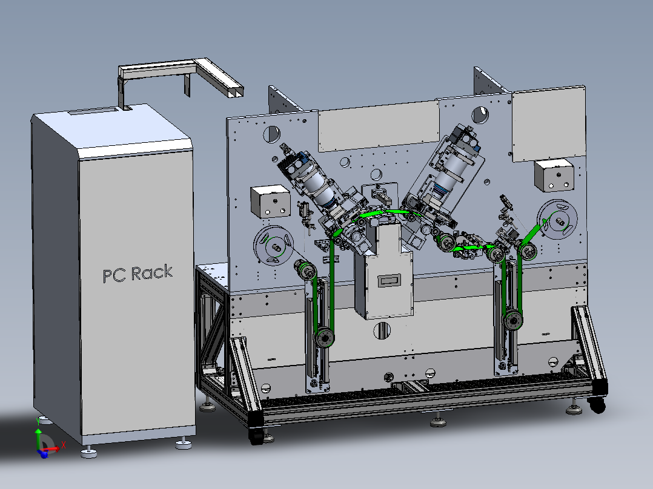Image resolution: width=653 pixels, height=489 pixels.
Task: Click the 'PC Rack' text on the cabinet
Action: (x=138, y=274)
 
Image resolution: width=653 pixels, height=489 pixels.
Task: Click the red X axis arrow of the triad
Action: (x=51, y=449)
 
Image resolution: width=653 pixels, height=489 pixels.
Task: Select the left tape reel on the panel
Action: (x=274, y=245)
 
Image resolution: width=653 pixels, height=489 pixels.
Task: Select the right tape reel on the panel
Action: (x=557, y=220)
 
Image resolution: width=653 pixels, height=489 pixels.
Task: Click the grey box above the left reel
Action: (x=270, y=202)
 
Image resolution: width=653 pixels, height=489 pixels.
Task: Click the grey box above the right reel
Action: (x=554, y=176)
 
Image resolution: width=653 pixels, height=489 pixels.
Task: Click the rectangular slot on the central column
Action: (x=389, y=281)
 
